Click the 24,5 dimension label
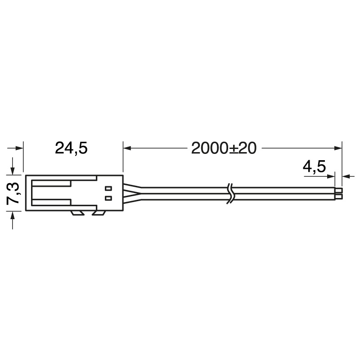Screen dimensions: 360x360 pyautogui.click(x=71, y=148)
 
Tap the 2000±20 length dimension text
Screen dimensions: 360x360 pyautogui.click(x=224, y=148)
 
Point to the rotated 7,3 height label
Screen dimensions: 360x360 pyautogui.click(x=13, y=193)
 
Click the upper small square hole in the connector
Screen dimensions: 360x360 pyautogui.click(x=108, y=188)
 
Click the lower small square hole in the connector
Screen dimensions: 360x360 pyautogui.click(x=108, y=198)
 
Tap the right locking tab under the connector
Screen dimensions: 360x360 pyautogui.click(x=99, y=213)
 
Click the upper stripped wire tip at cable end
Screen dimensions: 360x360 pyautogui.click(x=339, y=190)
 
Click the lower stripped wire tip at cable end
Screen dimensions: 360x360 pyautogui.click(x=339, y=197)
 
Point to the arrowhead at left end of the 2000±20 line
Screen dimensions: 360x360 pyautogui.click(x=127, y=148)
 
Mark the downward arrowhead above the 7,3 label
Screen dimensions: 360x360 pyautogui.click(x=13, y=171)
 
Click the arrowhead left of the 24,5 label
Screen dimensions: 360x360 pyautogui.click(x=19, y=148)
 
